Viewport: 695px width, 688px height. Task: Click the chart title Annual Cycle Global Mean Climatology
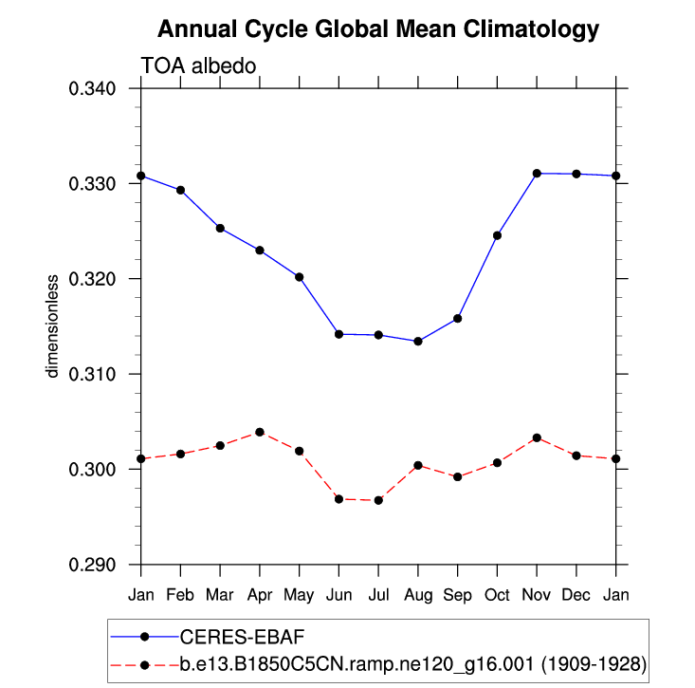[378, 29]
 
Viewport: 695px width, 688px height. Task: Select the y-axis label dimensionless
[54, 325]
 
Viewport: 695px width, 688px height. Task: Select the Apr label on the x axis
[260, 594]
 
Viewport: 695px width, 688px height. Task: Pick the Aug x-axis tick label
[418, 594]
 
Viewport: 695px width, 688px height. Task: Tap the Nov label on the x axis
[537, 594]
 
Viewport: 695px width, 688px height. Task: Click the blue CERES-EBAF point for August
[418, 341]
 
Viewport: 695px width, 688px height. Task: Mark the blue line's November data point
[537, 174]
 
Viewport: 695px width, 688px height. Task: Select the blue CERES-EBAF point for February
[180, 190]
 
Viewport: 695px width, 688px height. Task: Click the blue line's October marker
[497, 235]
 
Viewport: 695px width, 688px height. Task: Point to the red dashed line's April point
[260, 432]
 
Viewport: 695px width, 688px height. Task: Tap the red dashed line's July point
[378, 500]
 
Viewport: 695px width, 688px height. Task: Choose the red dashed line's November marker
[537, 437]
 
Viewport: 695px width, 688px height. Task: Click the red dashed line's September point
[458, 476]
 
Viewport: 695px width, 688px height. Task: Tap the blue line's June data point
[338, 334]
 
